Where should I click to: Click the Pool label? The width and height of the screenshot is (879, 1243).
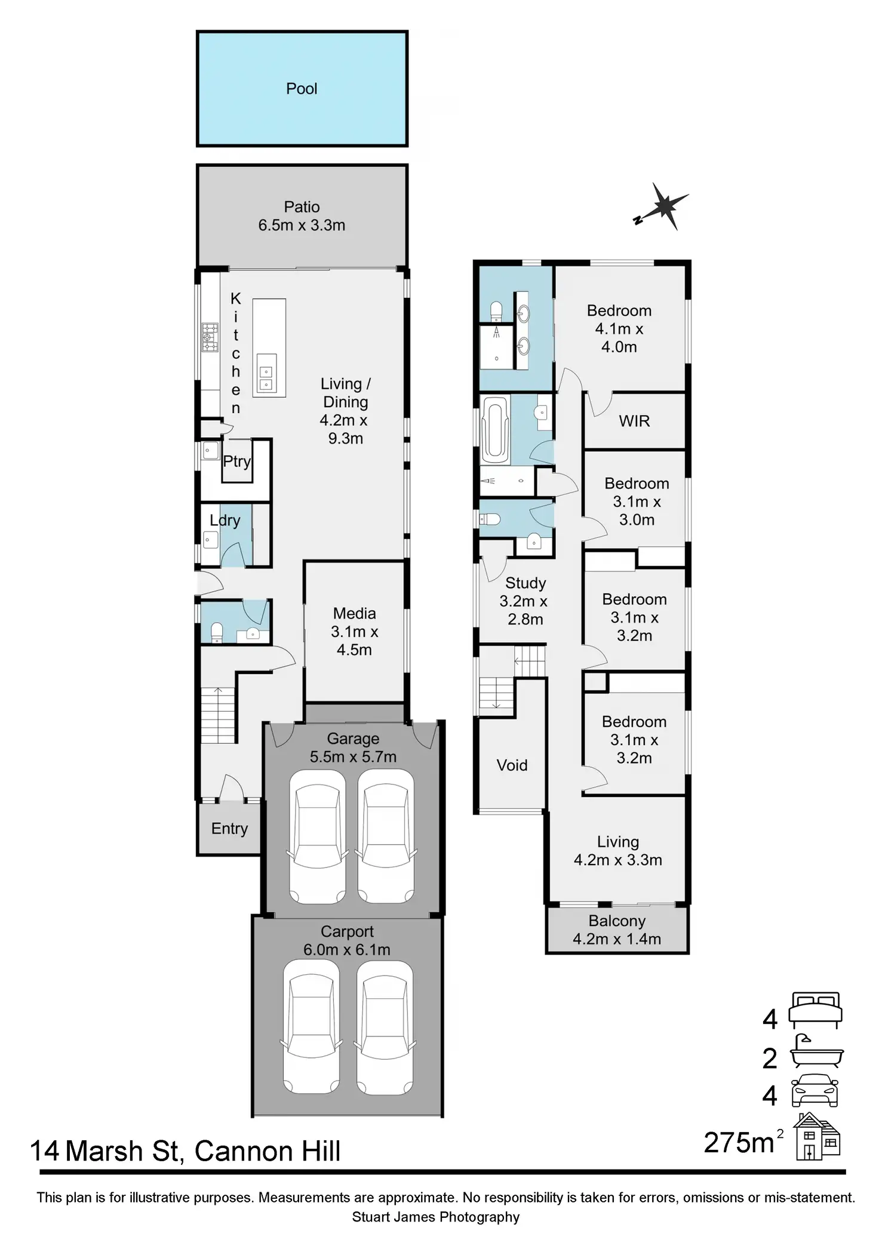click(302, 89)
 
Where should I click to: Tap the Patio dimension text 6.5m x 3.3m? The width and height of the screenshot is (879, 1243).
click(302, 225)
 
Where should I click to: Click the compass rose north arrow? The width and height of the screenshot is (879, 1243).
click(662, 207)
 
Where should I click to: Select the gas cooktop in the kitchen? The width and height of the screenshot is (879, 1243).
click(210, 337)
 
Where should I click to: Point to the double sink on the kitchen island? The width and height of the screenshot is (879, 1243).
click(265, 379)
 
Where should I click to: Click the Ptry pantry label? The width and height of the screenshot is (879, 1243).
click(236, 461)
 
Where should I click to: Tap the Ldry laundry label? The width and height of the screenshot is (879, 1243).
click(225, 521)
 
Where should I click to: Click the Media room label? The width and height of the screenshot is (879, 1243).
click(355, 613)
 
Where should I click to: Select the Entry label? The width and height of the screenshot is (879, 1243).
click(229, 829)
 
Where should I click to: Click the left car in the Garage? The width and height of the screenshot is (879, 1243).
click(318, 837)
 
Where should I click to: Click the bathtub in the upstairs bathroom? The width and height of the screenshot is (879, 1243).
click(496, 430)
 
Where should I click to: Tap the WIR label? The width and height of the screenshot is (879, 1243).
click(634, 421)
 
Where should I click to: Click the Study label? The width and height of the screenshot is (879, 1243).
click(525, 583)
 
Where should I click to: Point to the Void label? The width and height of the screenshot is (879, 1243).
click(512, 765)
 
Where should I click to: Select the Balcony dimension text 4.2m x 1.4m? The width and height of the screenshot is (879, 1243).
click(617, 939)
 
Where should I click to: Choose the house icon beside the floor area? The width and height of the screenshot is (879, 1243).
click(816, 1137)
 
